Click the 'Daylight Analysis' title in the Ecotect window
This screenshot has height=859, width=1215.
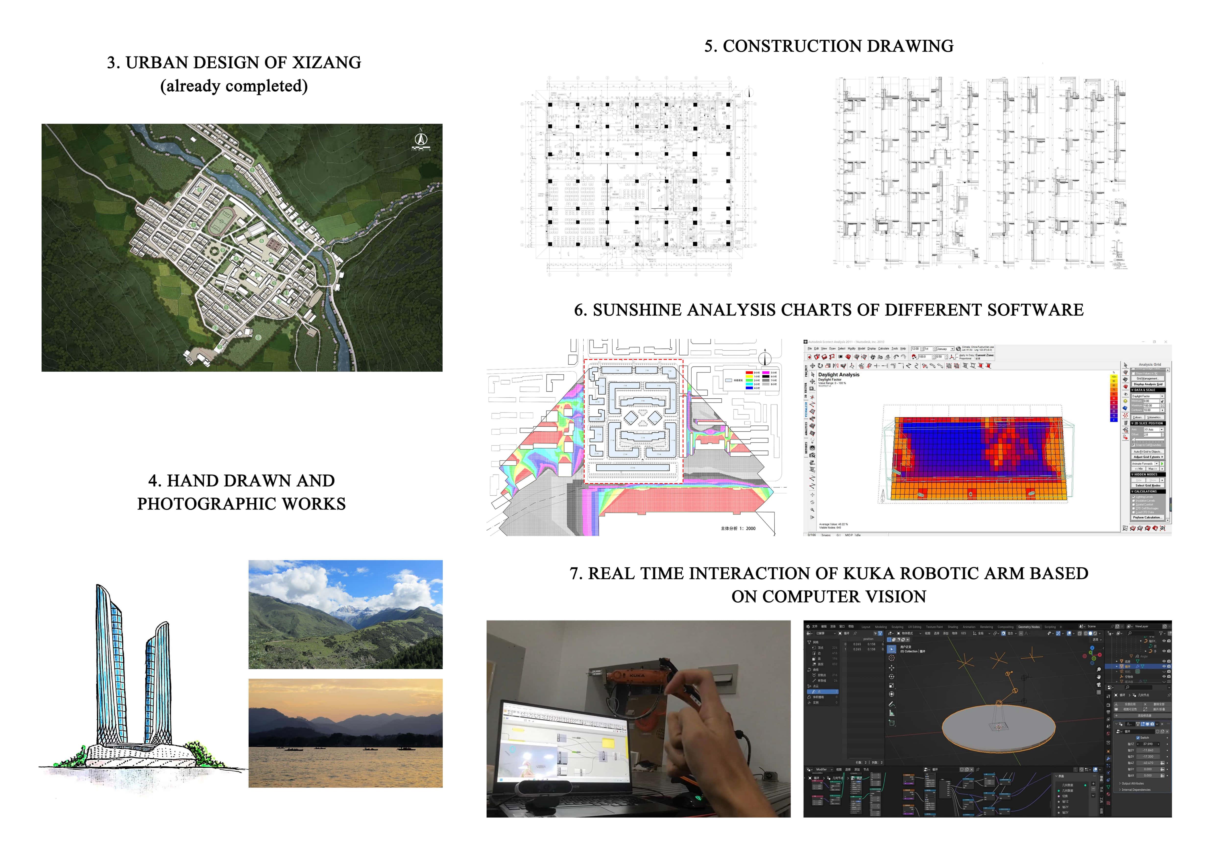click(839, 374)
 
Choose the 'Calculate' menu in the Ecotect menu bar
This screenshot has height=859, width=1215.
click(884, 349)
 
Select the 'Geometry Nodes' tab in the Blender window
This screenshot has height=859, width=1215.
click(1028, 627)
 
